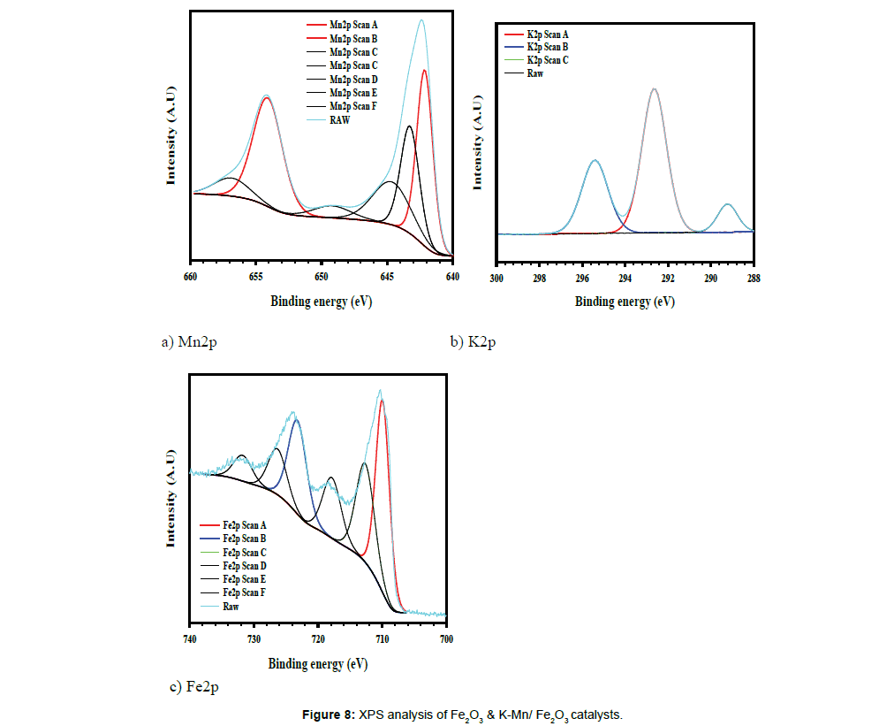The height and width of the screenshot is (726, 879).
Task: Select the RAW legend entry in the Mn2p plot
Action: pyautogui.click(x=340, y=120)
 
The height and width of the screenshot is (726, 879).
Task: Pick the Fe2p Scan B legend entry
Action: pyautogui.click(x=245, y=539)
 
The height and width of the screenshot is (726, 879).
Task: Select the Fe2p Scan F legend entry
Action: pyautogui.click(x=245, y=592)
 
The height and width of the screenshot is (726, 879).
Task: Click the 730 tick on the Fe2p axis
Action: pyautogui.click(x=254, y=638)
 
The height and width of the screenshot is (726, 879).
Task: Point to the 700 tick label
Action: pyautogui.click(x=446, y=638)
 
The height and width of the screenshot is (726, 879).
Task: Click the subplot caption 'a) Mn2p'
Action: pyautogui.click(x=188, y=342)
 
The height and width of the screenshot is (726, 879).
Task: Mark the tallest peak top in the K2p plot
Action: pyautogui.click(x=654, y=88)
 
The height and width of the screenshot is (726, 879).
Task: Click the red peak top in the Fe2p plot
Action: pyautogui.click(x=382, y=401)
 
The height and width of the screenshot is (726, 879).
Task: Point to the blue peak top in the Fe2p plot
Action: pyautogui.click(x=296, y=421)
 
